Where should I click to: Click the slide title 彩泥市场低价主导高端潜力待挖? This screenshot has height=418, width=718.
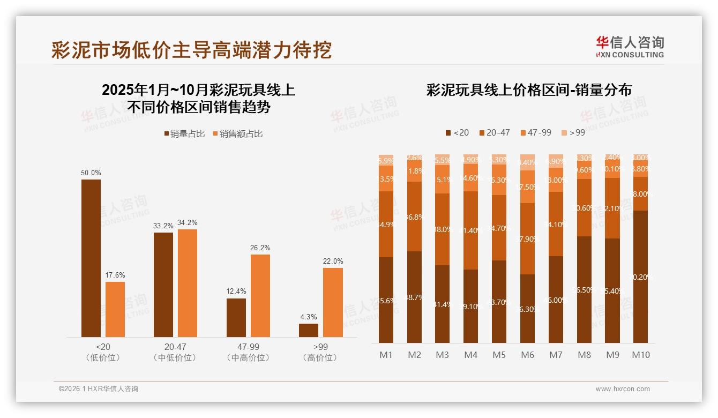(191, 49)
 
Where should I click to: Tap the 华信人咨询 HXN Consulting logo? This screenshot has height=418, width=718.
(630, 47)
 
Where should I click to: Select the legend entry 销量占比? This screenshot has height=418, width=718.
(184, 134)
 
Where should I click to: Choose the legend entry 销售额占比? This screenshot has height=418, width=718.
(238, 134)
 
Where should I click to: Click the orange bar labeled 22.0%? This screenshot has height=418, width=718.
(333, 302)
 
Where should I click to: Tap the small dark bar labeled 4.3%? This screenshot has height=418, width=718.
(309, 330)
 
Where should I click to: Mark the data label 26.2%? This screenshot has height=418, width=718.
(260, 248)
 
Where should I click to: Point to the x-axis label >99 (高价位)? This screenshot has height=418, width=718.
(320, 352)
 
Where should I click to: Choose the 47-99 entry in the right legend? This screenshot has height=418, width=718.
(535, 132)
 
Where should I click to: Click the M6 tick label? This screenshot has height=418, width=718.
(527, 355)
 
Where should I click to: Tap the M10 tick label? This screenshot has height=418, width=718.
(640, 355)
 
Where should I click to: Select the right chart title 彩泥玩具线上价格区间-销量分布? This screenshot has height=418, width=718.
(528, 90)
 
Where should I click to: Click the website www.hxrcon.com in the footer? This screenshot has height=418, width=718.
(623, 389)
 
